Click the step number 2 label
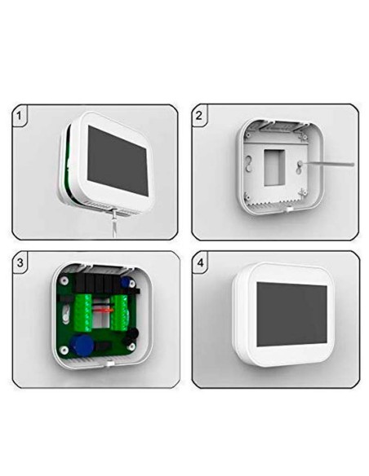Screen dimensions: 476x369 [199, 115]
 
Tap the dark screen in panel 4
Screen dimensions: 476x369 [291, 311]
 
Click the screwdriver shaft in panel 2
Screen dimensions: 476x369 [331, 165]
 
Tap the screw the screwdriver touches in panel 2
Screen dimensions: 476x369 [301, 167]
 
